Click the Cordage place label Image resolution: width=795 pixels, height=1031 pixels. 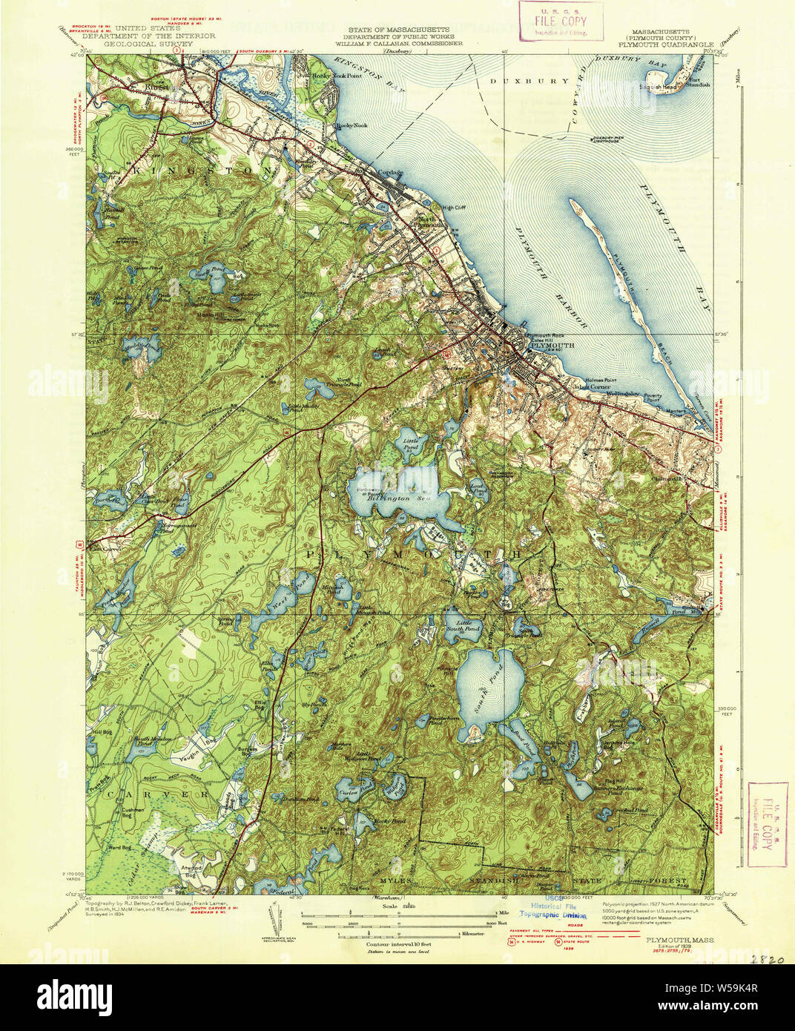coord(391,173)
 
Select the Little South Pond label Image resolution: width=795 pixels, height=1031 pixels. coord(468,625)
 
